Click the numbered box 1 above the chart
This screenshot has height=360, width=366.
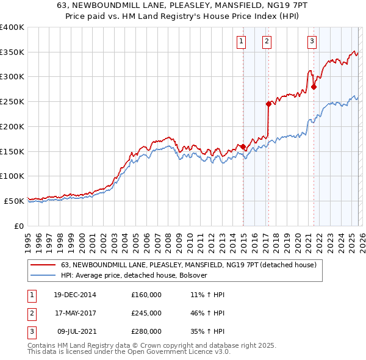point(242,41)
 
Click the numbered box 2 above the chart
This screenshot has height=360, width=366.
point(267,41)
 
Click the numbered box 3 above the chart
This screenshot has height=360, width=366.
point(312,41)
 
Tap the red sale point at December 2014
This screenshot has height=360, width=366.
point(243,146)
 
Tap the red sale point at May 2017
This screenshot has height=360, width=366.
point(268,104)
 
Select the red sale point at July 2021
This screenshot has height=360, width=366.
point(314,87)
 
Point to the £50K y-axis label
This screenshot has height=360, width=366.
point(15,200)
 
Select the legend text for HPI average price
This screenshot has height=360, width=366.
point(134,276)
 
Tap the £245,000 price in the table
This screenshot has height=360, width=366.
point(146,313)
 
